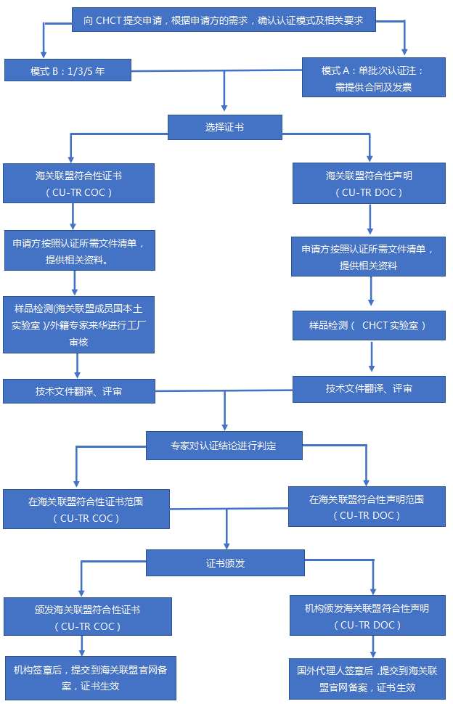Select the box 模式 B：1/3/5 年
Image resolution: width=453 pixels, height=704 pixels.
(68, 70)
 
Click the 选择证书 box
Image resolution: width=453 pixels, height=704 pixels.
(224, 127)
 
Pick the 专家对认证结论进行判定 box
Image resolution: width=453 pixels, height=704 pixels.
(224, 445)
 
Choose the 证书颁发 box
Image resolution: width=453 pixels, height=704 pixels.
(225, 562)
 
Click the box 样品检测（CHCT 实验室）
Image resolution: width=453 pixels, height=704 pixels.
(368, 326)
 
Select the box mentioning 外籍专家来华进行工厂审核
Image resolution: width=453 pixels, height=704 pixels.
(78, 324)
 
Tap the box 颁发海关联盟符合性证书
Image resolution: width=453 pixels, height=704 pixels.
(88, 617)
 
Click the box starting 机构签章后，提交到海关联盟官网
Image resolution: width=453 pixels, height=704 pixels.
(90, 679)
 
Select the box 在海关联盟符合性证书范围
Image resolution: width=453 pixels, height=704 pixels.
(86, 508)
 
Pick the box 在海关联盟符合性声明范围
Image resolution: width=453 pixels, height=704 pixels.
(366, 506)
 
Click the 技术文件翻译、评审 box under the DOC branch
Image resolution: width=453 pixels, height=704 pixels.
(369, 389)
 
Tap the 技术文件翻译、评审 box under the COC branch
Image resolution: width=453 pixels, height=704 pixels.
(78, 391)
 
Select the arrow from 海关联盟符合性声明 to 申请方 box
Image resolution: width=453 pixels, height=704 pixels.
(370, 220)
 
